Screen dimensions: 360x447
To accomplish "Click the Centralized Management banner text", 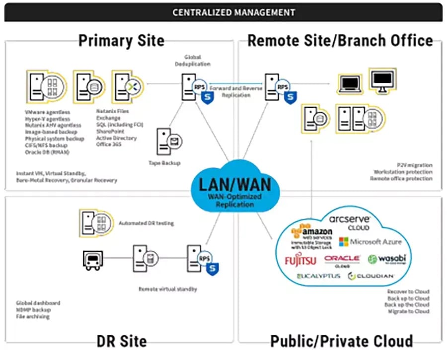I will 233,12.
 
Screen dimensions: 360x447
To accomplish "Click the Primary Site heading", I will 121,40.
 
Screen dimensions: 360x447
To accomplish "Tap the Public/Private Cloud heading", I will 341,341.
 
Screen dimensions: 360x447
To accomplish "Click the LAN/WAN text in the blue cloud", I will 235,184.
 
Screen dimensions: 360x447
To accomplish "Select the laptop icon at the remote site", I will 349,83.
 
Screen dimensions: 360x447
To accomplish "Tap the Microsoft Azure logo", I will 370,242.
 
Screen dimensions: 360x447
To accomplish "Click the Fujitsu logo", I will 300,260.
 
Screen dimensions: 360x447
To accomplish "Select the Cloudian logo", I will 371,276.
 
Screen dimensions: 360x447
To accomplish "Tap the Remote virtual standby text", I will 167,288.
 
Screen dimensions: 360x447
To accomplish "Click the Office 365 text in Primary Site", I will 108,144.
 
